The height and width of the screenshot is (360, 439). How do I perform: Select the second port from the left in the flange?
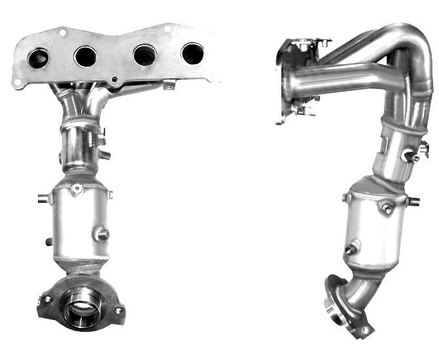click(85, 56)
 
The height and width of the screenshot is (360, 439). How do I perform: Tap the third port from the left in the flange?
click(144, 55)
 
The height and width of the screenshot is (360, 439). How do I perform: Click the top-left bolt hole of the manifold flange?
click(62, 31)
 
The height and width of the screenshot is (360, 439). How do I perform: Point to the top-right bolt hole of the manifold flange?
click(167, 28)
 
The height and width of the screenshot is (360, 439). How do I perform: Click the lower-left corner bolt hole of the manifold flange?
click(17, 81)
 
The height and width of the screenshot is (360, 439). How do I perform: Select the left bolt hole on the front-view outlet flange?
click(46, 300)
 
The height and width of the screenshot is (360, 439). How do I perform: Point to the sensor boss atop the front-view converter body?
click(77, 190)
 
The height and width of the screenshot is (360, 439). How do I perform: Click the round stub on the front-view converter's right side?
click(101, 232)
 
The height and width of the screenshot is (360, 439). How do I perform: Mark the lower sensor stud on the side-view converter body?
click(352, 249)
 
